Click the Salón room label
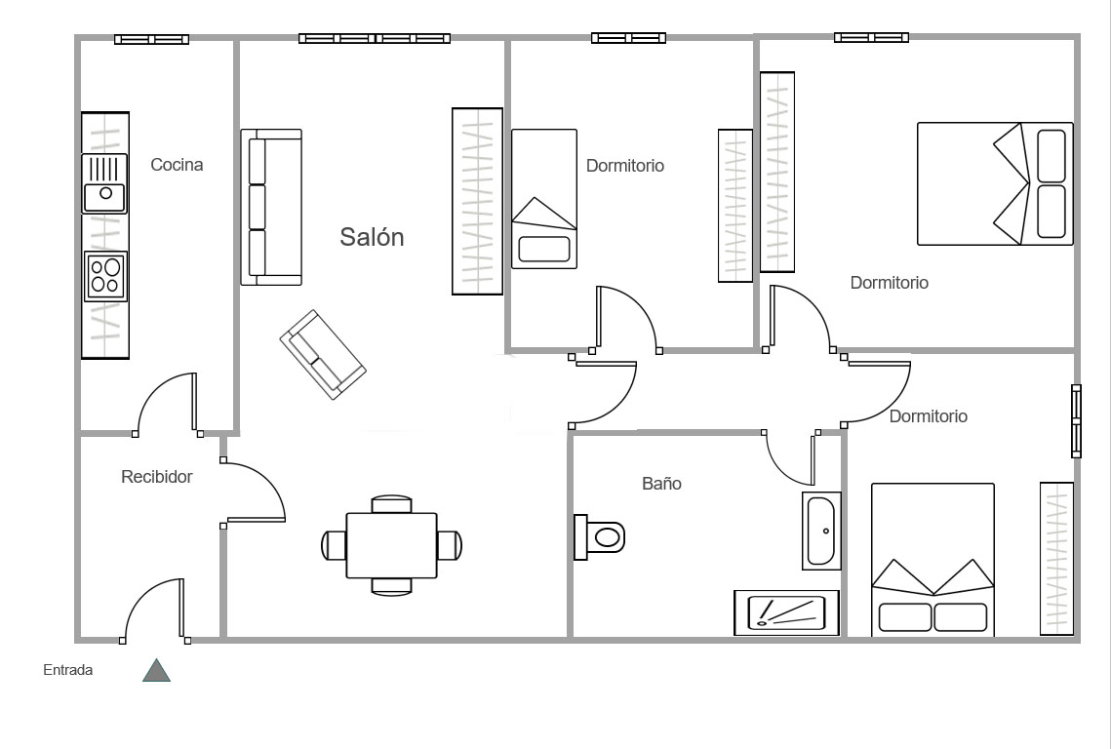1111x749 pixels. click(372, 237)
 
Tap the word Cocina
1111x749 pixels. click(177, 165)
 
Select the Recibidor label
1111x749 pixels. click(157, 477)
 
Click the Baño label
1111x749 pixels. click(661, 484)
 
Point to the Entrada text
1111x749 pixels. click(68, 670)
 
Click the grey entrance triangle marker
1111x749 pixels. click(157, 670)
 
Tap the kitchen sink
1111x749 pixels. click(105, 183)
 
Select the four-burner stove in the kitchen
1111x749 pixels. click(105, 276)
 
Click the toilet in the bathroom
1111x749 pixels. click(599, 537)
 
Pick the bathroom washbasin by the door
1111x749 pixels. click(822, 531)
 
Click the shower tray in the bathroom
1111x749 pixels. click(786, 612)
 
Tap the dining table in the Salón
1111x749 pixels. click(391, 545)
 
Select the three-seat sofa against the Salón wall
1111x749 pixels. click(271, 207)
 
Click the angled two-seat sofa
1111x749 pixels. click(323, 354)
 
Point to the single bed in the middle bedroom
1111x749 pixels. click(544, 199)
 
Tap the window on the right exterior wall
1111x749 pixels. click(1076, 421)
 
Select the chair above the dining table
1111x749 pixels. click(392, 504)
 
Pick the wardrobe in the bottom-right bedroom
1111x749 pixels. click(1056, 559)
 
